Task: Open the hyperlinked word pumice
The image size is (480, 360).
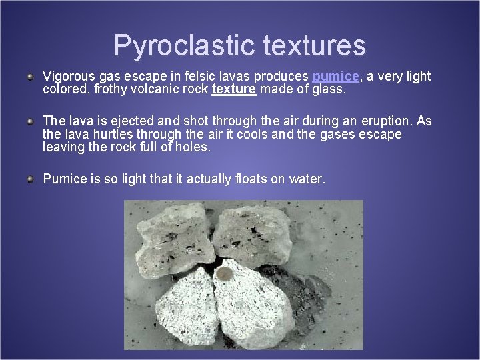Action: click(336, 77)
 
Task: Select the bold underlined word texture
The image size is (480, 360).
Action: click(233, 89)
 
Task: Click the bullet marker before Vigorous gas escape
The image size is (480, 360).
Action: click(31, 77)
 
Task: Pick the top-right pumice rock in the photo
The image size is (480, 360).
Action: click(253, 237)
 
